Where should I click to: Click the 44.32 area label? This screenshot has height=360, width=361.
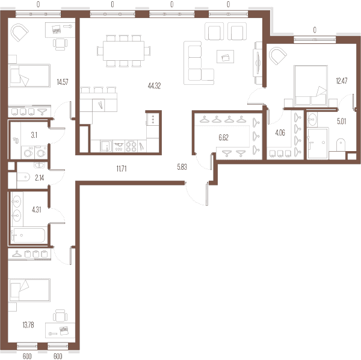154,86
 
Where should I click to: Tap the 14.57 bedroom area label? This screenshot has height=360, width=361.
63,82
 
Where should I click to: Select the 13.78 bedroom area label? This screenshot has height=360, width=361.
28,325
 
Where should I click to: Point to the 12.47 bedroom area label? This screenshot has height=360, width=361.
342,81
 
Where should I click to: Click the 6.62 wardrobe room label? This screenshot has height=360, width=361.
223,137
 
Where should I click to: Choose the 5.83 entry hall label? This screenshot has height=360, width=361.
182,167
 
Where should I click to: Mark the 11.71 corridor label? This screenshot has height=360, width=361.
122,169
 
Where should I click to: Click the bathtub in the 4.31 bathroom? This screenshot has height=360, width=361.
28,235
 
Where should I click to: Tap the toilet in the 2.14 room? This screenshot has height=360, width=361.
23,177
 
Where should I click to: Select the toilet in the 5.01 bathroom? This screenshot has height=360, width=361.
341,144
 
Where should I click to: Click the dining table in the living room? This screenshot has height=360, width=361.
123,51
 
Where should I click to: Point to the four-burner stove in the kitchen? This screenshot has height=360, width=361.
131,146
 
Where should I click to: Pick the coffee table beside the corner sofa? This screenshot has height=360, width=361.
225,57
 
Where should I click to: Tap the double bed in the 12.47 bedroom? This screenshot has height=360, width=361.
310,85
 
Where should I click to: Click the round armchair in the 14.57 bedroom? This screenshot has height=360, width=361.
20,33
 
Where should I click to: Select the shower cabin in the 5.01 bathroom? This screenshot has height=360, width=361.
318,143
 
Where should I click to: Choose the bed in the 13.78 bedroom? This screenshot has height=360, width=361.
29,290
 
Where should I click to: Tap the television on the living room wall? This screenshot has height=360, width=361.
258,63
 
